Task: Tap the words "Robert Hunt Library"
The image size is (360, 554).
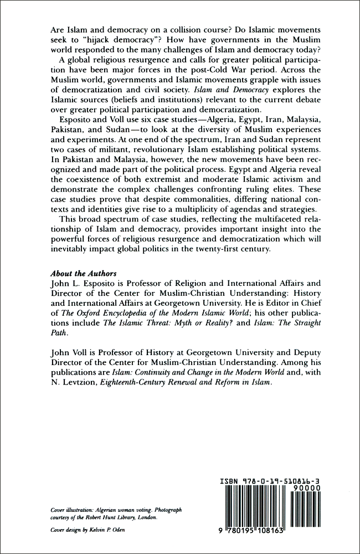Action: [104, 517]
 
